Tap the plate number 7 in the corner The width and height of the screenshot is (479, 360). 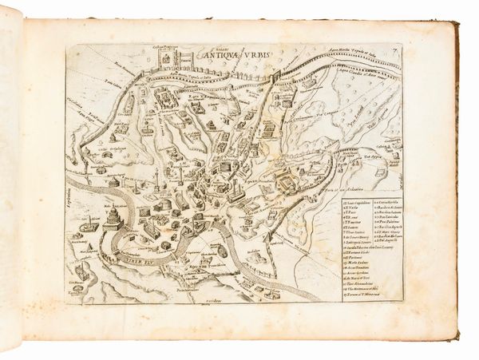(394, 53)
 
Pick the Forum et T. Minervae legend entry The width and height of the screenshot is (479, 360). (360, 295)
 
